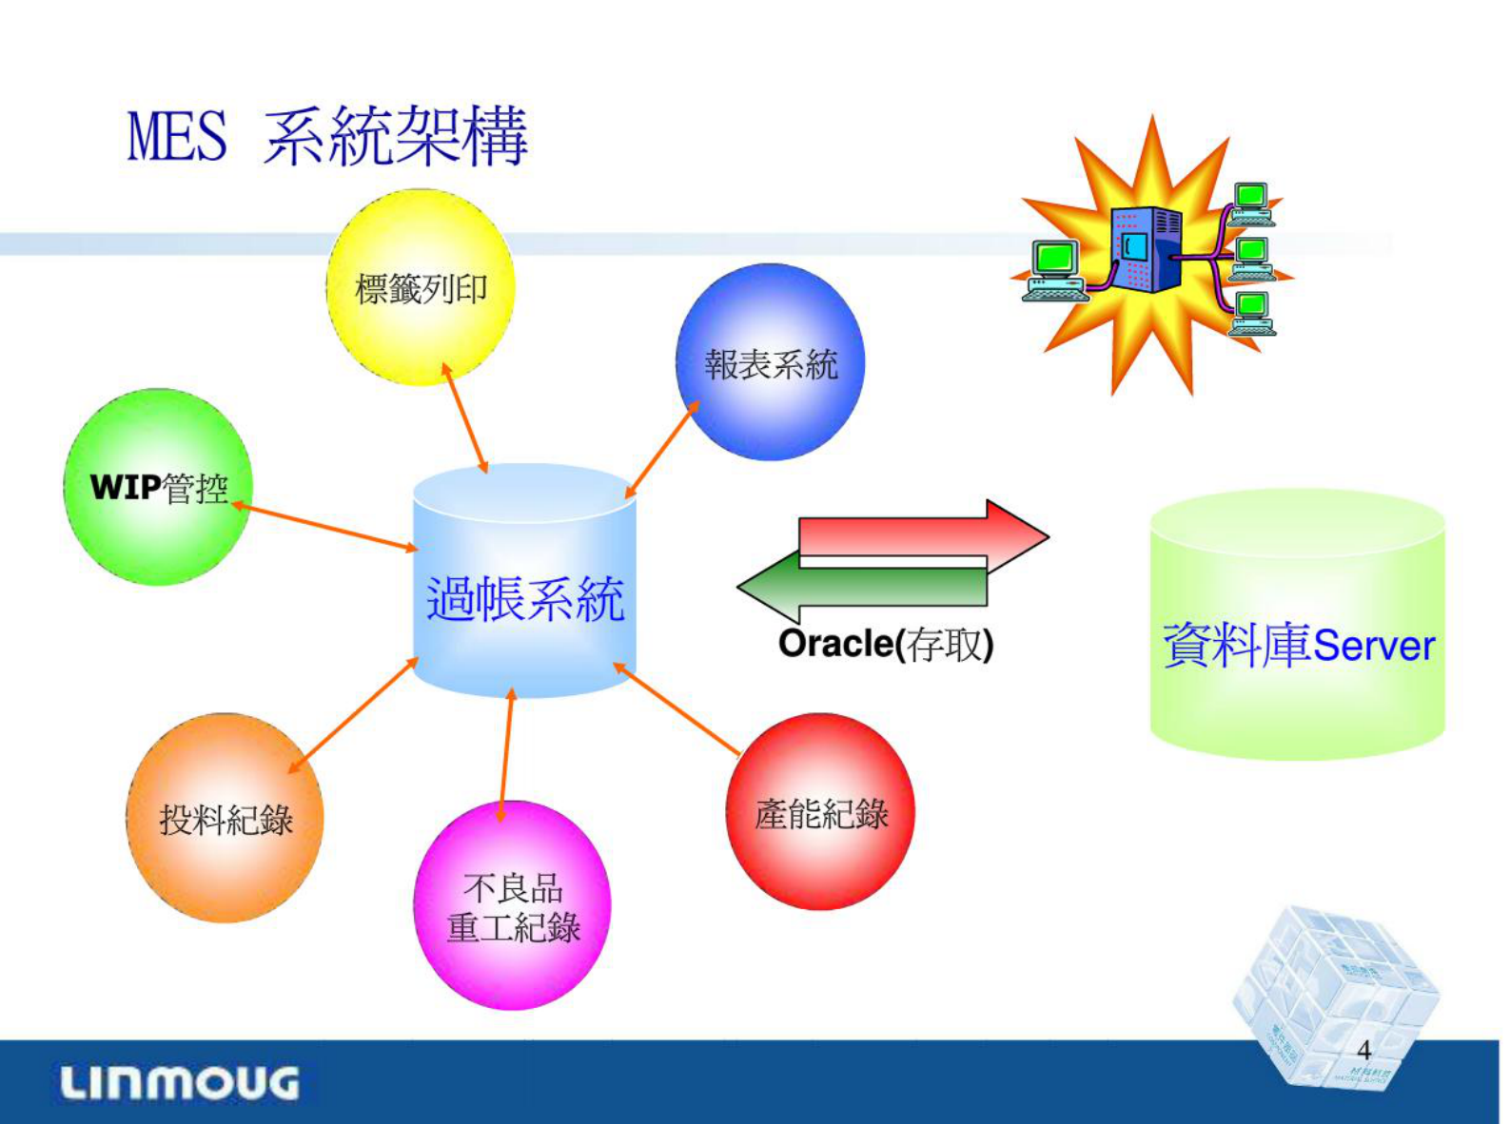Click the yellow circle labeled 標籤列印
click(421, 287)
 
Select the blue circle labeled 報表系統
click(770, 363)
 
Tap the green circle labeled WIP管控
click(158, 488)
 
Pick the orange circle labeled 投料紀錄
click(226, 819)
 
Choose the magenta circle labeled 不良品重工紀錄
click(512, 906)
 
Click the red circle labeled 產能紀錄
click(820, 813)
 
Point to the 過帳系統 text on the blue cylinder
click(524, 599)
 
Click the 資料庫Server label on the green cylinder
click(1298, 645)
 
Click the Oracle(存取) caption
click(886, 645)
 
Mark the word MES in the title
click(178, 137)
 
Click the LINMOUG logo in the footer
click(179, 1083)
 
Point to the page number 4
click(1363, 1050)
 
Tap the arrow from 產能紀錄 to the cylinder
click(677, 709)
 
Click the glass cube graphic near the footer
click(1332, 989)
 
